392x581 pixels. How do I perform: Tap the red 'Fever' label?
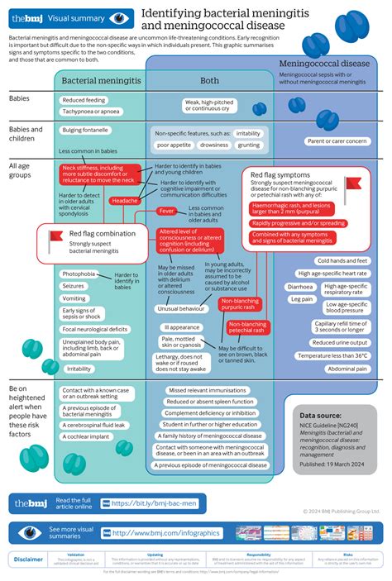[x=167, y=212]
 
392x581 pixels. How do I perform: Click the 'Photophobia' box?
[x=79, y=274]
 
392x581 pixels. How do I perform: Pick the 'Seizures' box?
[x=74, y=286]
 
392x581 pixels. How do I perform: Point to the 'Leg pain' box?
[x=301, y=299]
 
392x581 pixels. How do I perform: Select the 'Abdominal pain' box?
[x=342, y=368]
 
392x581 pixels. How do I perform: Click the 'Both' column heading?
[x=209, y=80]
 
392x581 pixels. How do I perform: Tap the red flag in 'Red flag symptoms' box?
[x=353, y=183]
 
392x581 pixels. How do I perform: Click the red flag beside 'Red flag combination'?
[x=56, y=238]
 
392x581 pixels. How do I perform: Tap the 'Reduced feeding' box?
[x=84, y=101]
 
